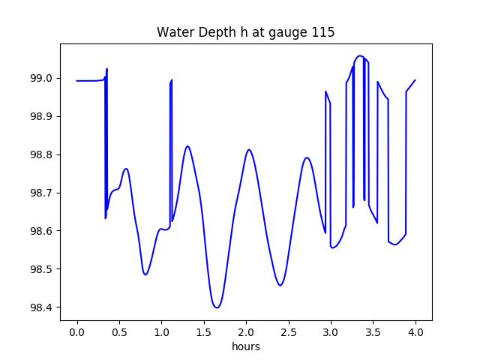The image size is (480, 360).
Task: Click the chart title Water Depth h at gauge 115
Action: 245,33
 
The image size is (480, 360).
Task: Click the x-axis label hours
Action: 246,347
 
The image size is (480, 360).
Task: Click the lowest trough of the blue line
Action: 217,307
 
